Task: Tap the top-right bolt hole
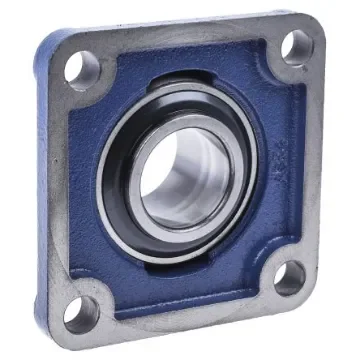click(296, 48)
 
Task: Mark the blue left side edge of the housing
click(40, 190)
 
